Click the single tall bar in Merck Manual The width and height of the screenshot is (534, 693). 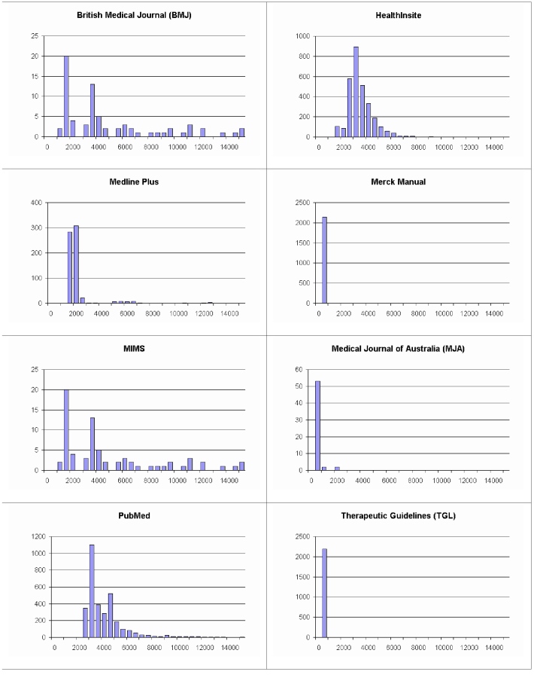pos(324,260)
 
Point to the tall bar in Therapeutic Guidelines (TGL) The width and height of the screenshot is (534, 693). pos(324,593)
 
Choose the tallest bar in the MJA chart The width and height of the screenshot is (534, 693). pos(317,426)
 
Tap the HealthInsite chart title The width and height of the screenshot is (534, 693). pos(399,15)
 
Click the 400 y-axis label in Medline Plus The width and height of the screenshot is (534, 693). pos(35,203)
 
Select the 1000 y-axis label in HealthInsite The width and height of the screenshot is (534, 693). pos(302,36)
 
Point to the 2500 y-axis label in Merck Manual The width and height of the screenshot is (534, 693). pos(302,203)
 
